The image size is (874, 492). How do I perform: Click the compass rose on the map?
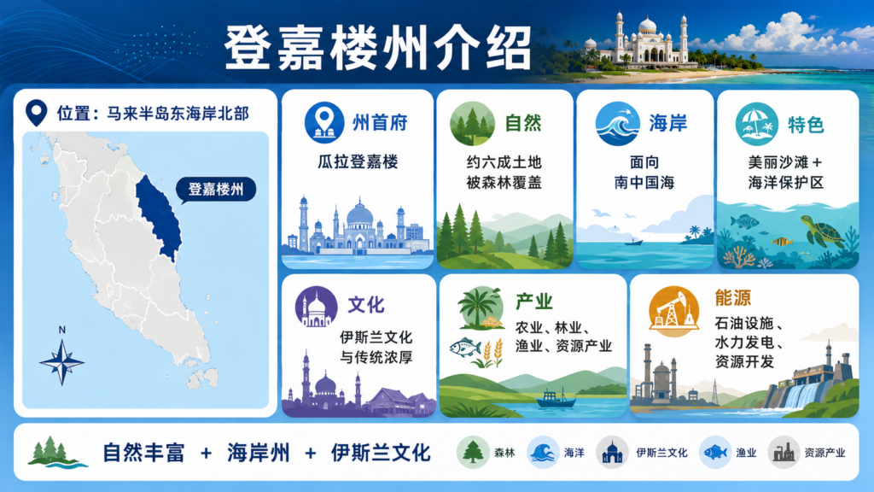pyautogui.click(x=61, y=362)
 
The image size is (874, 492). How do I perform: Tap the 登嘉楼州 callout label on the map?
pyautogui.click(x=216, y=190)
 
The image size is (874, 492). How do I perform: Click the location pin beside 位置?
pyautogui.click(x=36, y=113)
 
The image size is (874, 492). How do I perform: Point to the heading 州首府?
pyautogui.click(x=380, y=123)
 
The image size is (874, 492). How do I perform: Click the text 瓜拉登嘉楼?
pyautogui.click(x=358, y=162)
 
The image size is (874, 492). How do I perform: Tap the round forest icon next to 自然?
pyautogui.click(x=472, y=124)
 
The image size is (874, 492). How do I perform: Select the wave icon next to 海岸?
pyautogui.click(x=617, y=124)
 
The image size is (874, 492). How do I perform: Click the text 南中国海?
pyautogui.click(x=644, y=183)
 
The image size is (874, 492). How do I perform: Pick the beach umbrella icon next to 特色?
pyautogui.click(x=756, y=124)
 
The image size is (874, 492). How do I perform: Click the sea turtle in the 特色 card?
pyautogui.click(x=823, y=231)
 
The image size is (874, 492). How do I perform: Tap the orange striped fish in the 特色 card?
pyautogui.click(x=782, y=241)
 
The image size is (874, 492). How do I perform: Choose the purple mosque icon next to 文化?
pyautogui.click(x=316, y=307)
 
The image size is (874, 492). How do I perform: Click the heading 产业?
pyautogui.click(x=534, y=302)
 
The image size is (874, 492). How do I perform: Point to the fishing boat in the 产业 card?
pyautogui.click(x=556, y=398)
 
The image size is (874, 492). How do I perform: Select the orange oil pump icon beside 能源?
pyautogui.click(x=674, y=311)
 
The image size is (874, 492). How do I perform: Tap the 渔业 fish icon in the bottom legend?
pyautogui.click(x=714, y=453)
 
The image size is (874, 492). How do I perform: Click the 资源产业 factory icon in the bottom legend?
pyautogui.click(x=784, y=453)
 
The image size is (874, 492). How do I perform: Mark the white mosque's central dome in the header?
pyautogui.click(x=647, y=25)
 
